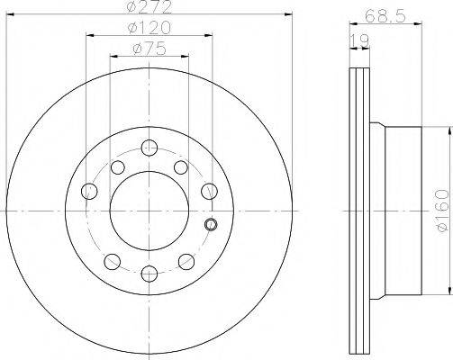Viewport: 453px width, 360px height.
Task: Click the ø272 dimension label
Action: [149, 6]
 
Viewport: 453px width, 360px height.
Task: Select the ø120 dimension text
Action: [149, 28]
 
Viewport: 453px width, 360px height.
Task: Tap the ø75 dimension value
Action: [149, 49]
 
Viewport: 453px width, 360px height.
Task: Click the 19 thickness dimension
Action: [359, 40]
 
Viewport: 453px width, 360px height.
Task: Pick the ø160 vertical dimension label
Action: [443, 211]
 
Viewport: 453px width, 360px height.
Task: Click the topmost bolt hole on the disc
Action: [149, 148]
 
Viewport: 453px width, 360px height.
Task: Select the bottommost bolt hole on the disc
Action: [149, 274]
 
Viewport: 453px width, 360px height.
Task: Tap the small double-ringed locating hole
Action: [211, 224]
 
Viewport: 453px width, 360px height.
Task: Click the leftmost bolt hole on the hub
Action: [89, 191]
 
